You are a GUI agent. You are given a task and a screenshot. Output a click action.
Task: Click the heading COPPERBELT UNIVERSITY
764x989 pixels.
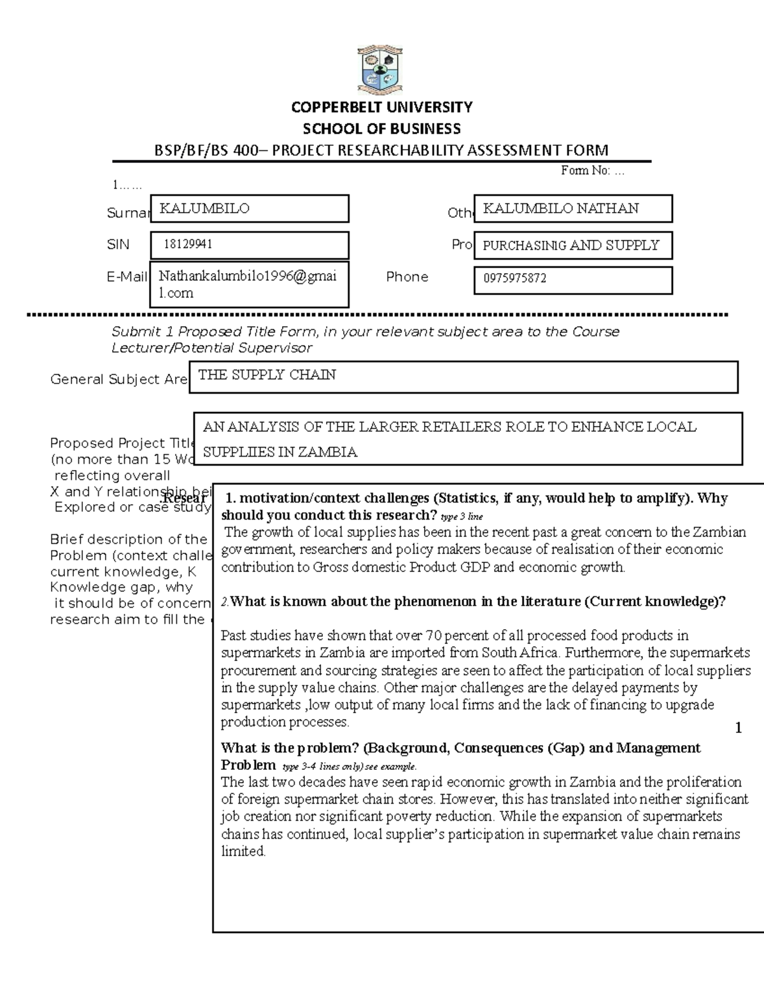[x=381, y=107]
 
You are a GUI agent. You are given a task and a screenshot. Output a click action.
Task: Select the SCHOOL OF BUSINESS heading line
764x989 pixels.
[x=381, y=129]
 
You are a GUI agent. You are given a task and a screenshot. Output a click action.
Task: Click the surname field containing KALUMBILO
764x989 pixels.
[x=249, y=208]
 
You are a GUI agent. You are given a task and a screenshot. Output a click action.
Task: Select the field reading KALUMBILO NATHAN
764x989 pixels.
[x=572, y=208]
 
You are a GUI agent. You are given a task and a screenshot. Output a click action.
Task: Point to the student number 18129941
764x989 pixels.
[x=188, y=245]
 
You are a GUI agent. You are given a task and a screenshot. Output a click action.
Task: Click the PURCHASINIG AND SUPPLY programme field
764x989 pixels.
[x=571, y=245]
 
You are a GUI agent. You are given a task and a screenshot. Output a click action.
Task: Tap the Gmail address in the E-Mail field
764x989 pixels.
[x=248, y=284]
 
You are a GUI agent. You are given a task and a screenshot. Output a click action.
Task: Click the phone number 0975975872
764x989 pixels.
[x=514, y=278]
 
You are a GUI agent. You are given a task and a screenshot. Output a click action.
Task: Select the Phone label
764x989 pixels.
[x=407, y=277]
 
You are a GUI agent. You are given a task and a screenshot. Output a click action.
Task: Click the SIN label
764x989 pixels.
[x=118, y=245]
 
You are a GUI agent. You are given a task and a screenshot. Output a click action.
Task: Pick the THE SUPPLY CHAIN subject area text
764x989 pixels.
[x=267, y=375]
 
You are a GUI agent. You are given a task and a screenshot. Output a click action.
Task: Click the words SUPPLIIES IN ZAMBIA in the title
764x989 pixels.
[x=280, y=452]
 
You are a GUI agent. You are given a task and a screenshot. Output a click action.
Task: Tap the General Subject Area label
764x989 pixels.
[x=118, y=380]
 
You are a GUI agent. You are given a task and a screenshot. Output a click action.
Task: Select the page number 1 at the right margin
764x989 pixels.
[x=738, y=728]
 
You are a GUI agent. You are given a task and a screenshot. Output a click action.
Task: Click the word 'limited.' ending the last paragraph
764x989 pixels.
[x=243, y=851]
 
